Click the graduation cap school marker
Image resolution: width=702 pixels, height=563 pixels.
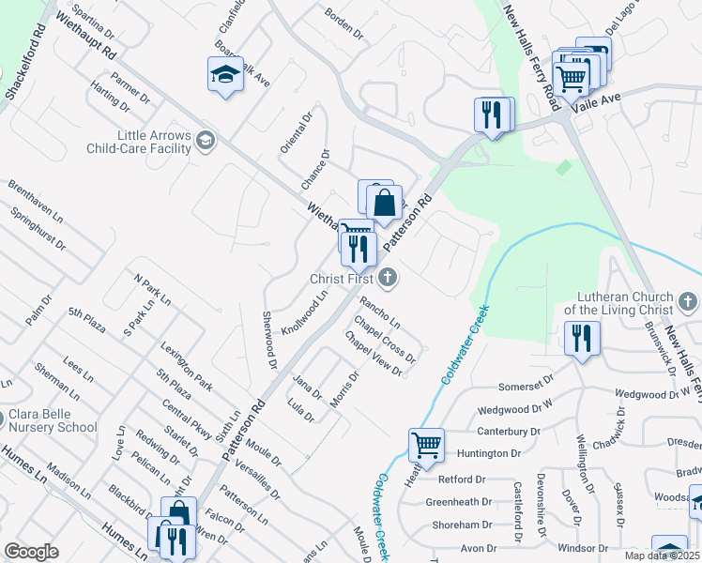click(225, 74)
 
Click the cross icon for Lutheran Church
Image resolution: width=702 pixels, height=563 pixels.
click(687, 302)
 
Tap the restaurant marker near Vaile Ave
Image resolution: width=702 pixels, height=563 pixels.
click(493, 114)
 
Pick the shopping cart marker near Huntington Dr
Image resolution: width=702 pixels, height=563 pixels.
click(426, 445)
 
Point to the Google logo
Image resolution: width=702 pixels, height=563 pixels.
click(32, 552)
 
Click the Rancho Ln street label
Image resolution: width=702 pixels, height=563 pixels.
click(379, 312)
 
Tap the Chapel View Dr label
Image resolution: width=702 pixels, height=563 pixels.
click(373, 353)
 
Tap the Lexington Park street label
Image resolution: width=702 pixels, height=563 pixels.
click(186, 366)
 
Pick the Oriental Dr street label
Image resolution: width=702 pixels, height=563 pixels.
click(295, 134)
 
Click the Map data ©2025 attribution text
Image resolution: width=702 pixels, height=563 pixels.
click(662, 555)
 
